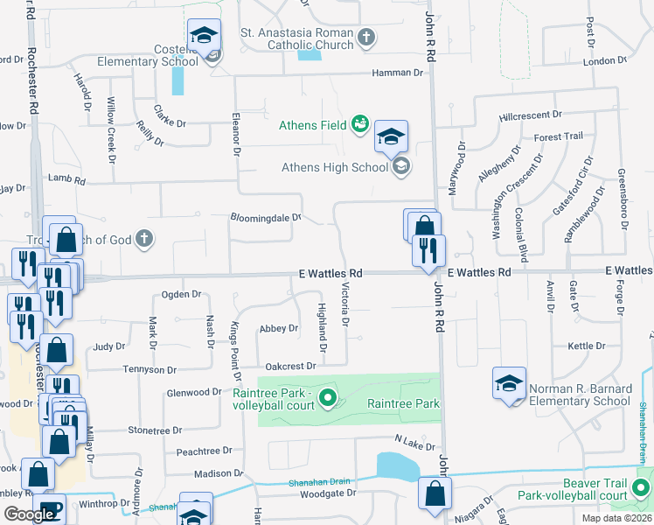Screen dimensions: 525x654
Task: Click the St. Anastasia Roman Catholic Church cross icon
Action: point(366,38)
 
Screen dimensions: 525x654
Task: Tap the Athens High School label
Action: point(335,167)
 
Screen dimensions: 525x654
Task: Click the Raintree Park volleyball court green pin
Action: point(328,399)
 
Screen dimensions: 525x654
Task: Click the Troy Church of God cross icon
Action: point(144,239)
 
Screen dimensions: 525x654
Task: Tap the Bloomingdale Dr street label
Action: point(265,217)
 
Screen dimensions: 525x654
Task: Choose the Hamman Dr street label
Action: point(397,73)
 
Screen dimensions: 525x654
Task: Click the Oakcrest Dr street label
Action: point(289,367)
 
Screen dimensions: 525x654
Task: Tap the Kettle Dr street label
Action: point(581,346)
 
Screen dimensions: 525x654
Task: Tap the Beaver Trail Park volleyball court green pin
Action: point(644,486)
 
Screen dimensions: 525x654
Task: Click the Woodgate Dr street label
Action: point(328,493)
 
